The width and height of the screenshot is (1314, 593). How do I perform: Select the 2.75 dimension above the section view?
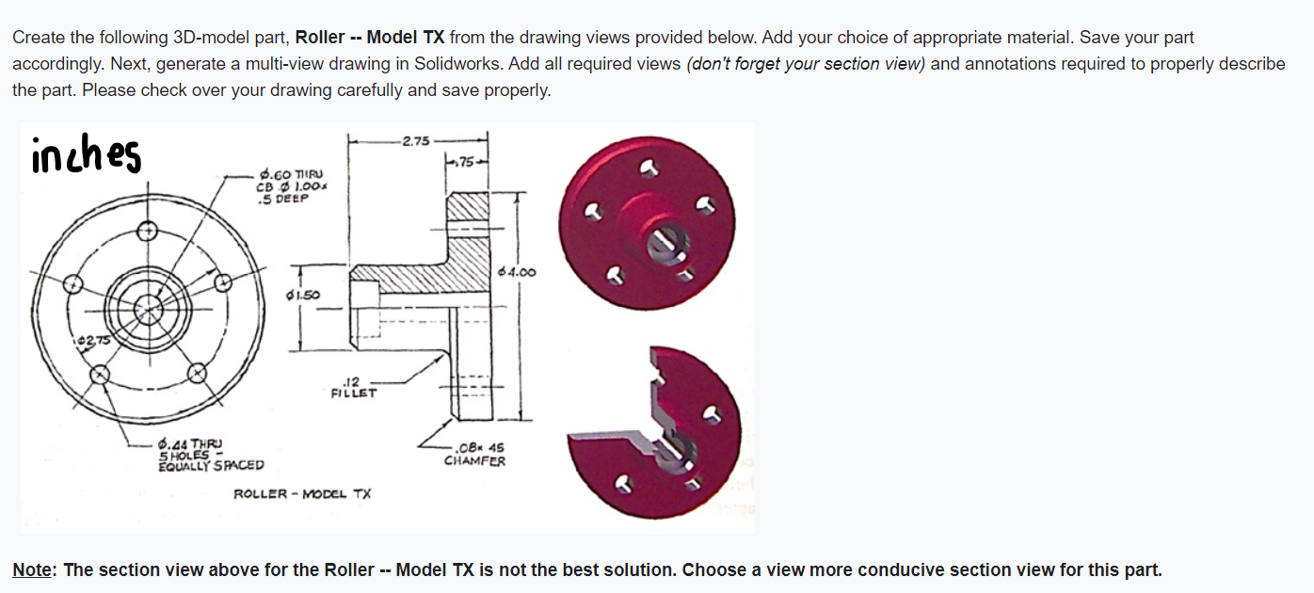(415, 141)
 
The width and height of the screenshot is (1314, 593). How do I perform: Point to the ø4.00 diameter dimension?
(519, 272)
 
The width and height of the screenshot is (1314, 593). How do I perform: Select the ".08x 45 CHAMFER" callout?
(474, 454)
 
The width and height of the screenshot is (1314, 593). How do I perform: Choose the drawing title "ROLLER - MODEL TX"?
(302, 493)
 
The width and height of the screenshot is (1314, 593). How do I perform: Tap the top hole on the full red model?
(647, 168)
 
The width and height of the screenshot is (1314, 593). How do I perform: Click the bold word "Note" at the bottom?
(32, 569)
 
